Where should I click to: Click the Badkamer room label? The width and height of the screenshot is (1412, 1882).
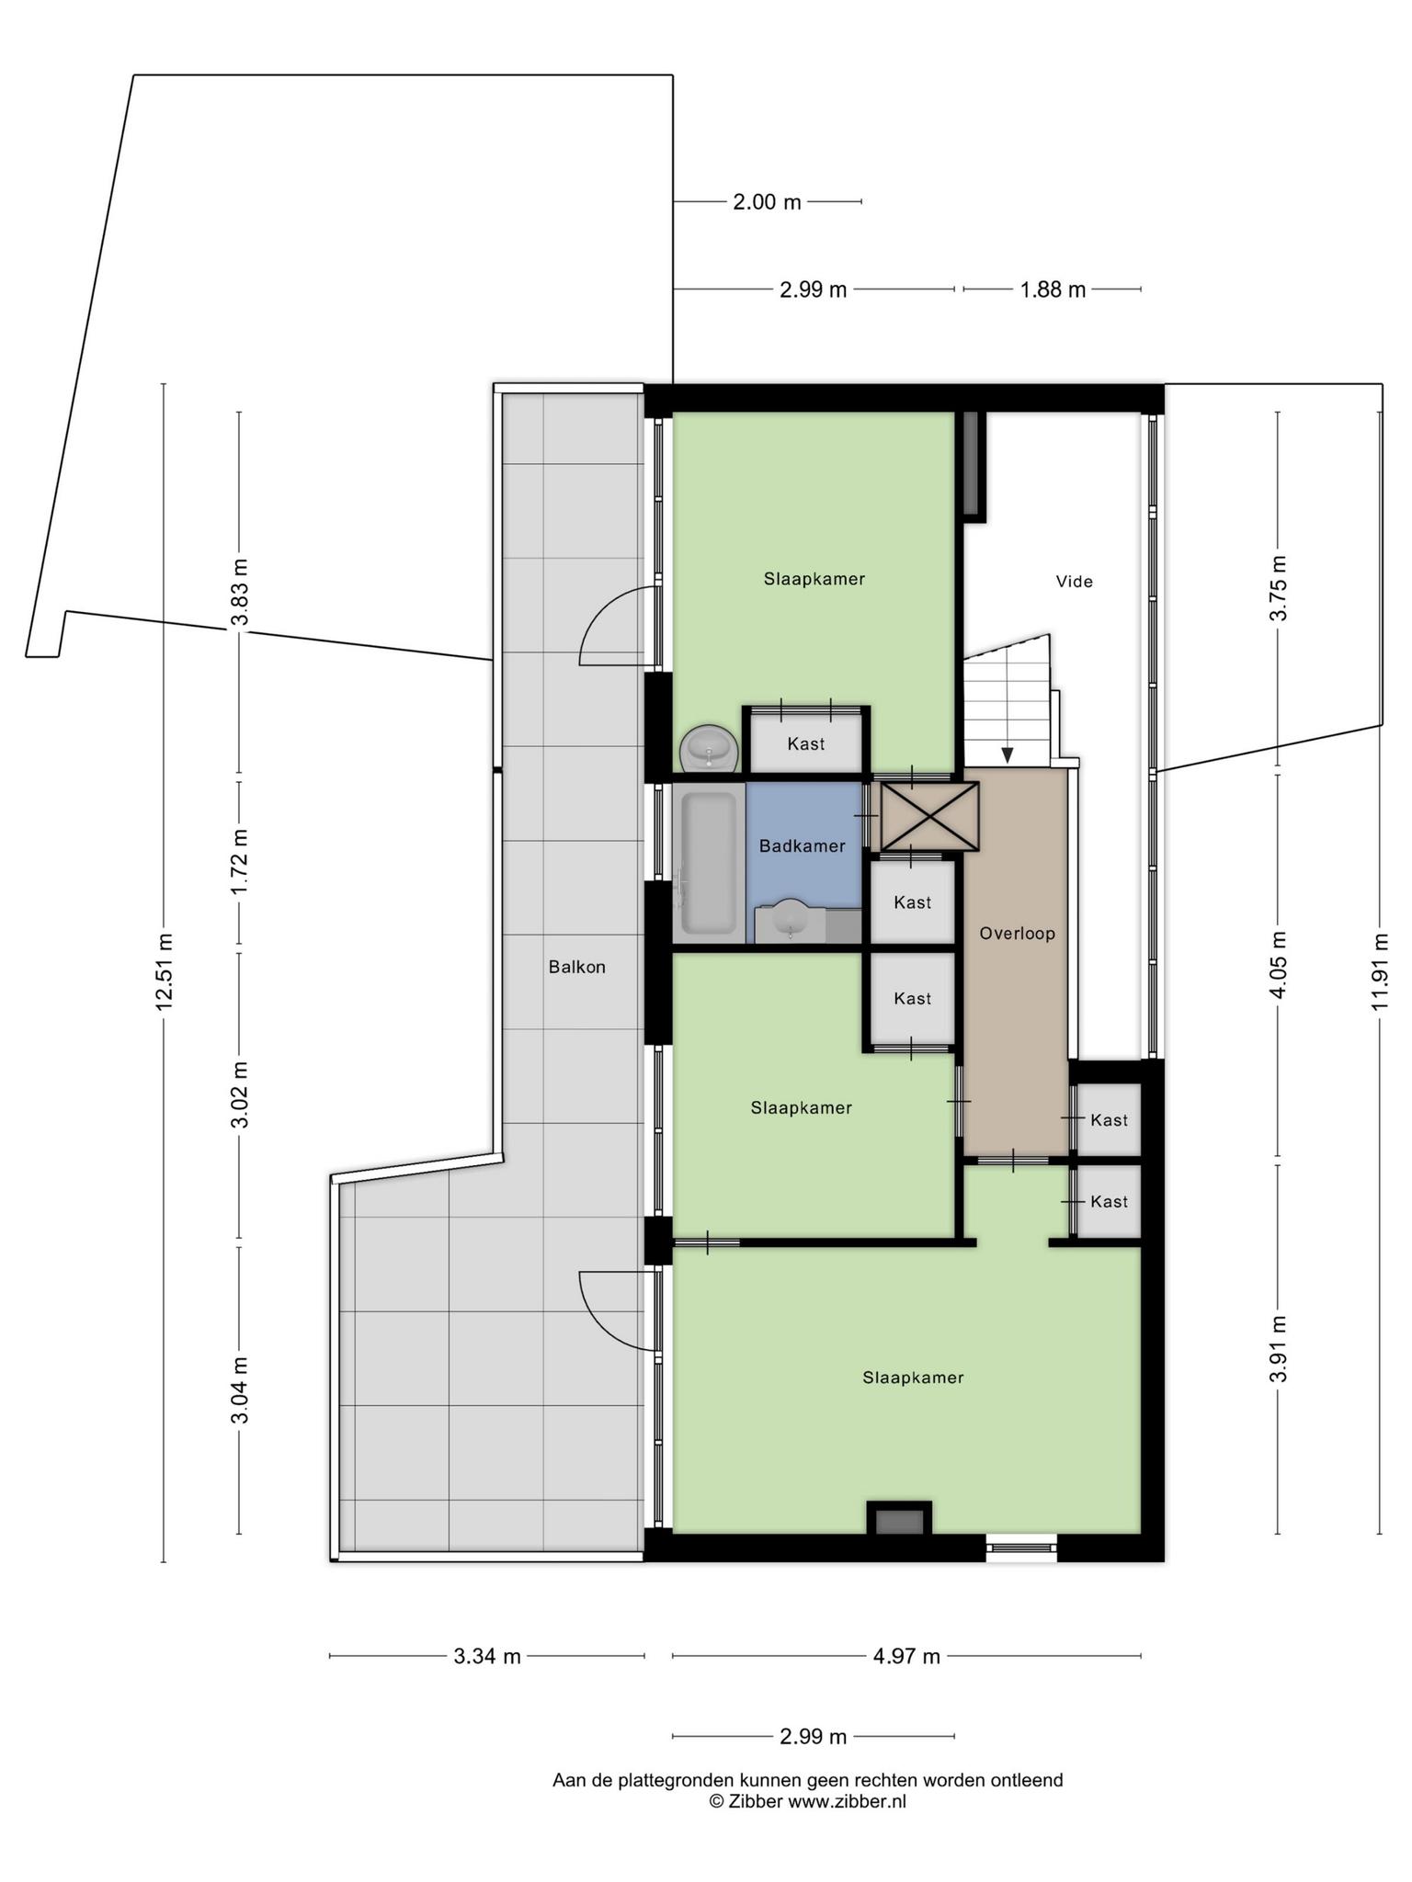pyautogui.click(x=802, y=846)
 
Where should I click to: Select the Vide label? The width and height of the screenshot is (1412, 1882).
pyautogui.click(x=1074, y=582)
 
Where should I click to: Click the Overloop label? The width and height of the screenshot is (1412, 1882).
pyautogui.click(x=1017, y=934)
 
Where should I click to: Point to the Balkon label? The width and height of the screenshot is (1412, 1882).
pyautogui.click(x=577, y=967)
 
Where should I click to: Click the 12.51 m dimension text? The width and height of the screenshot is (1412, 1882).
pyautogui.click(x=165, y=971)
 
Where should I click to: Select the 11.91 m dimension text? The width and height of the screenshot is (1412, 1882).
pyautogui.click(x=1380, y=971)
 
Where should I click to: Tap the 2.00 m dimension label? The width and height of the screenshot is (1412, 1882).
pyautogui.click(x=767, y=202)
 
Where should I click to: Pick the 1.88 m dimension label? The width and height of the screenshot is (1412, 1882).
pyautogui.click(x=1053, y=290)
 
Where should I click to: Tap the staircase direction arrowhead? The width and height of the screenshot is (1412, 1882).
pyautogui.click(x=1008, y=755)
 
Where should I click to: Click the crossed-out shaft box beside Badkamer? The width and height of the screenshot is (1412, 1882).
pyautogui.click(x=929, y=816)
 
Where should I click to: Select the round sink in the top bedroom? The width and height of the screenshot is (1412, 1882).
pyautogui.click(x=709, y=750)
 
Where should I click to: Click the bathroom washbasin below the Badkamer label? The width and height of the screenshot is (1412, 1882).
pyautogui.click(x=791, y=920)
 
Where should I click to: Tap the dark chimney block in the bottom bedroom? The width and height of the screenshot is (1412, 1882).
pyautogui.click(x=899, y=1521)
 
